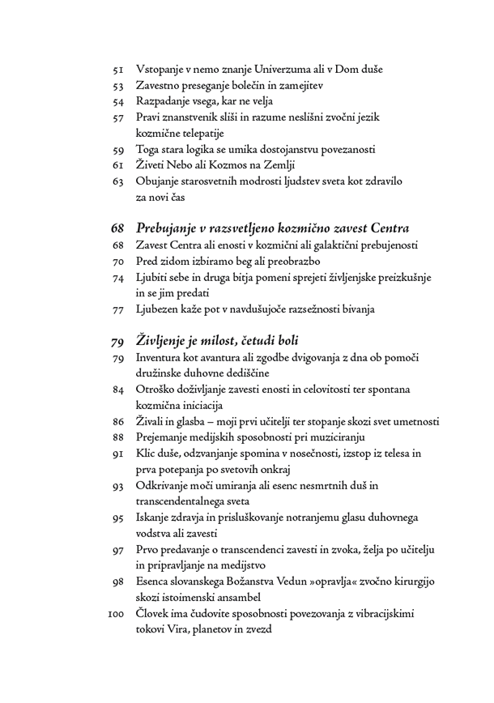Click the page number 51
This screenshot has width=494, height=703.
click(x=117, y=70)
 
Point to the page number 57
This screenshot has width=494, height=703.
click(x=117, y=118)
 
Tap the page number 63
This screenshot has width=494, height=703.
click(x=117, y=181)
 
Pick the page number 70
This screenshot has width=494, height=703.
click(x=117, y=262)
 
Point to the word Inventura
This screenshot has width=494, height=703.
click(x=162, y=357)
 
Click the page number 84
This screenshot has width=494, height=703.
click(x=117, y=390)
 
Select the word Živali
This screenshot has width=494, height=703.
click(x=151, y=421)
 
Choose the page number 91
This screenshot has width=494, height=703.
click(x=117, y=454)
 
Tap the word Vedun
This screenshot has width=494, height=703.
click(x=304, y=582)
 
